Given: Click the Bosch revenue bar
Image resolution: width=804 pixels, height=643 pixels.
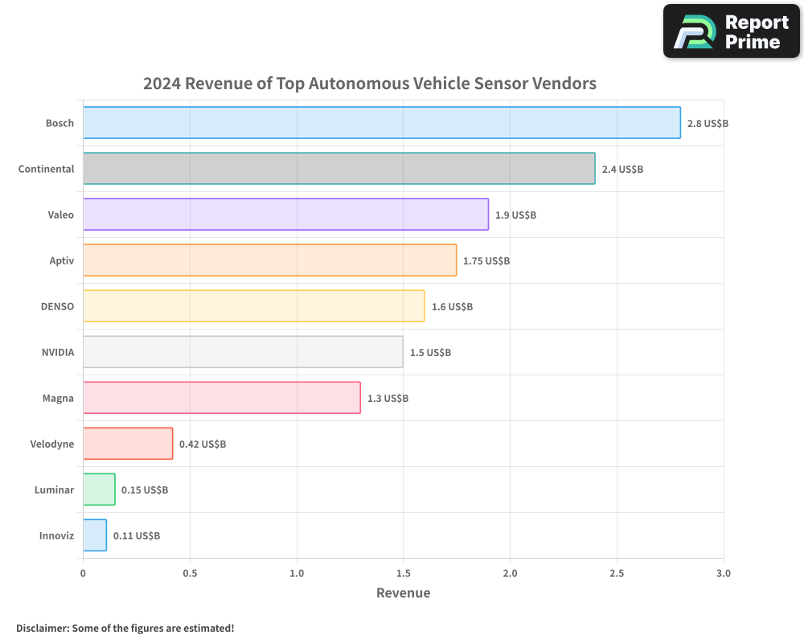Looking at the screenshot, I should pos(382,123).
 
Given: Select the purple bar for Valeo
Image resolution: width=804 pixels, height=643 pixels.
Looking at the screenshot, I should pos(285,215).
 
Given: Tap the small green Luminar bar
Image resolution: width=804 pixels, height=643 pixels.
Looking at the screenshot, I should pos(99,489).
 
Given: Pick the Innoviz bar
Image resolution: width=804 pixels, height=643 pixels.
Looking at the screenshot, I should pos(95,535).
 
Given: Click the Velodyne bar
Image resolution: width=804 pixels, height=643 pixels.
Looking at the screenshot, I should pos(128,444).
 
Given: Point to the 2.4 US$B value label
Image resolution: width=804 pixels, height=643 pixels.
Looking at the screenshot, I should pos(622,170).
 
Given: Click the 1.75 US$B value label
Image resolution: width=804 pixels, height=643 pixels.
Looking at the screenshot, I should pos(486,261).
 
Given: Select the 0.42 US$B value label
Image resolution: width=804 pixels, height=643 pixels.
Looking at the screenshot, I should pos(203,444).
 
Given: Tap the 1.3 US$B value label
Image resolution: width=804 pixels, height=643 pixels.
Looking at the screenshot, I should pos(388,398).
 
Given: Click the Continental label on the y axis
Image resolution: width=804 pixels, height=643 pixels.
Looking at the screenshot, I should pos(47,169).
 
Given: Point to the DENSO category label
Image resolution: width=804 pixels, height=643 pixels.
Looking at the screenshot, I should pos(57,306).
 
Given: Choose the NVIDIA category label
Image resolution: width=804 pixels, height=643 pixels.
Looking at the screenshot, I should pos(58,352).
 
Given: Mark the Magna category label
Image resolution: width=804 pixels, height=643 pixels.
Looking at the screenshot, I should pos(58,398).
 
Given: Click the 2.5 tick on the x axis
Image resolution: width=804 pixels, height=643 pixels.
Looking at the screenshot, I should pos(617,573).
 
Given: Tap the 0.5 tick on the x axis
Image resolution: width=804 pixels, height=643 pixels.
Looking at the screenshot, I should pos(190,573).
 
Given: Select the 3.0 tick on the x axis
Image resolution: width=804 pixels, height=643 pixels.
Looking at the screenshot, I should pos(724,573).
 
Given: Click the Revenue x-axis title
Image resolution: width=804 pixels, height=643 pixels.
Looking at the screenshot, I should pos(403,593).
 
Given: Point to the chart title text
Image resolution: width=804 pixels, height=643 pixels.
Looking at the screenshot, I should pos(370,83).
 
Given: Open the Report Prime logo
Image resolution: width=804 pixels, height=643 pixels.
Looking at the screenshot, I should pos(731,31).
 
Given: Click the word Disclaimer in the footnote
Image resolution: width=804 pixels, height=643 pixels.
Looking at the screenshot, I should pos(43,628).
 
